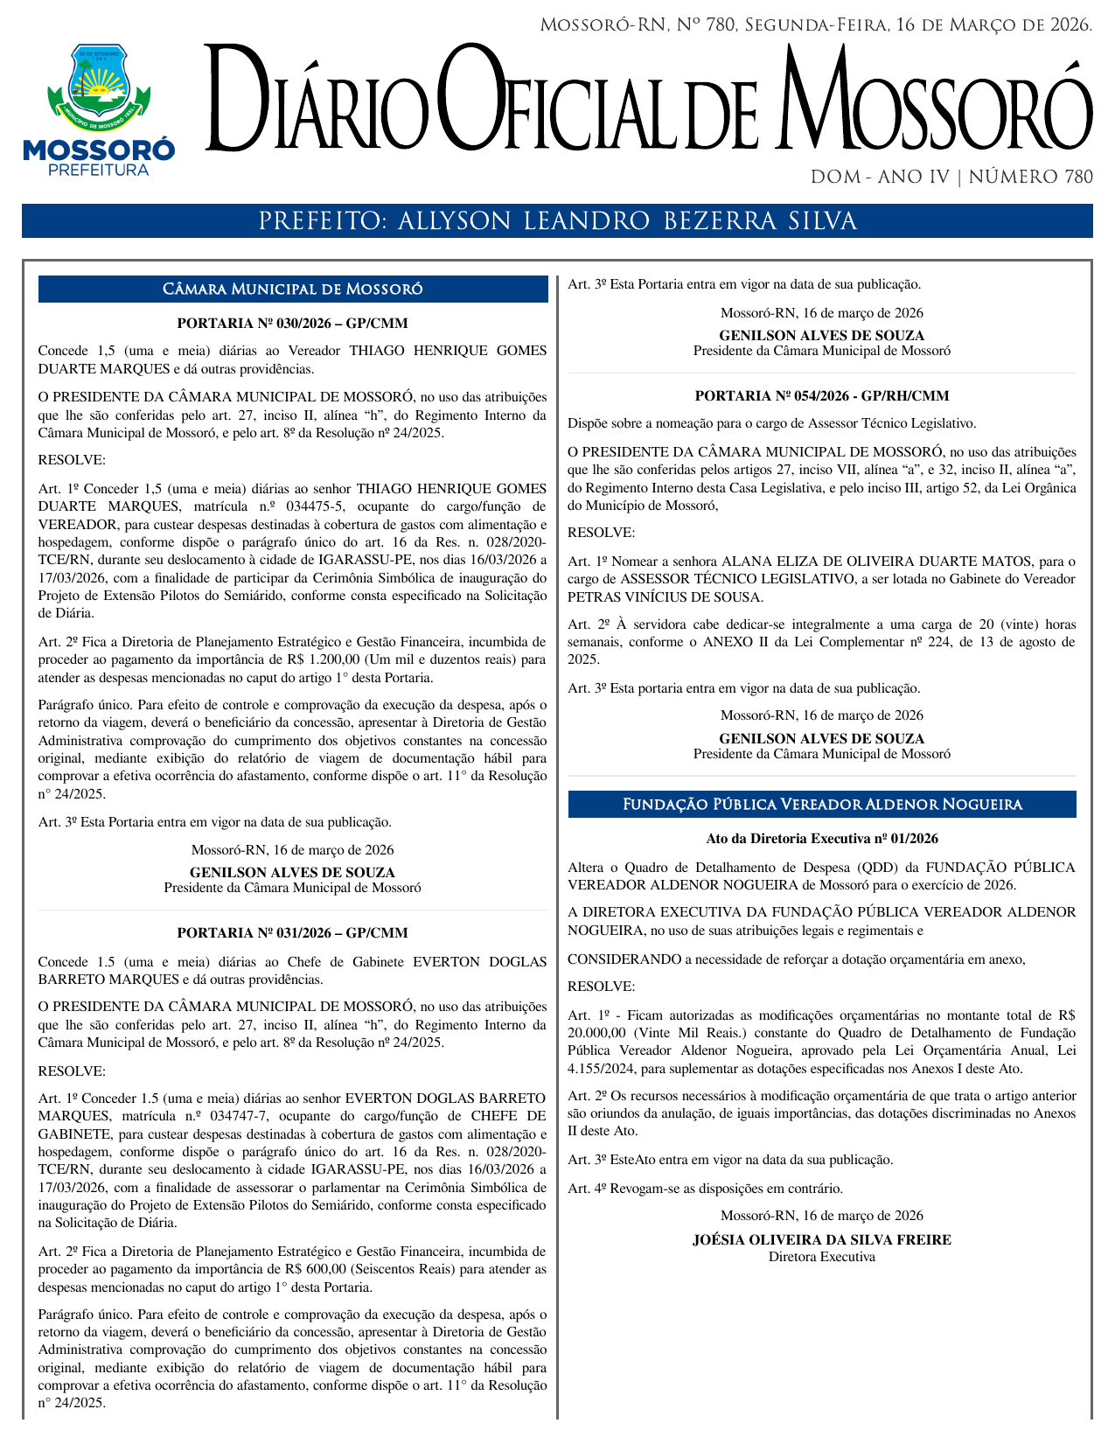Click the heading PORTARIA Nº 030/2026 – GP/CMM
coord(292,324)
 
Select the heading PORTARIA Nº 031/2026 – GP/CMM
coord(292,933)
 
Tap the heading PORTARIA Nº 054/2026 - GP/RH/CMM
coord(821,396)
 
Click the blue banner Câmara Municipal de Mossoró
coord(293,289)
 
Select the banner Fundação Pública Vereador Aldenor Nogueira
coord(821,805)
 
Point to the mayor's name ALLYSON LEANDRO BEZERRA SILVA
coord(627,221)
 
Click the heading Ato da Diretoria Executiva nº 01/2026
coord(821,839)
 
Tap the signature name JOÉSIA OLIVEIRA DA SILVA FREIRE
coord(821,1239)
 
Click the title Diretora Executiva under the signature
coord(821,1257)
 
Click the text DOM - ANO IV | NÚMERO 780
coord(951,178)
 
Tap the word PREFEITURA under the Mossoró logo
coord(99,170)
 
